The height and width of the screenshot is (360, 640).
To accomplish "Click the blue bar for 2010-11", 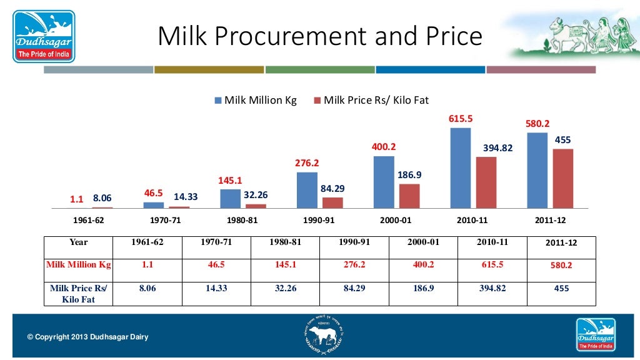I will point(461,167).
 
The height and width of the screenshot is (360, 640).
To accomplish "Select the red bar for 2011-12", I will point(562,178).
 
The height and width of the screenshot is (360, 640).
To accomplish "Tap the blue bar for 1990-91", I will point(307,190).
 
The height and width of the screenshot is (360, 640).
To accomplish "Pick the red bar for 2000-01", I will point(409,196).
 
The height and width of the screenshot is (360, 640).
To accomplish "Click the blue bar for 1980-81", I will point(230,198).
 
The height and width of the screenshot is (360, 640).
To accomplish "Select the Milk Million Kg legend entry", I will point(256,100).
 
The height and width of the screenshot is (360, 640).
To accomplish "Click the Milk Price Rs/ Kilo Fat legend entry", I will point(371,100).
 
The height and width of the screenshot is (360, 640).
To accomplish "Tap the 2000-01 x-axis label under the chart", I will point(396,221).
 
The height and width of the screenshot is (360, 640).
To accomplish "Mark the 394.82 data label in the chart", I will point(497,148).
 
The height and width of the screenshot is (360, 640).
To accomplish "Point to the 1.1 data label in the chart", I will point(76,199).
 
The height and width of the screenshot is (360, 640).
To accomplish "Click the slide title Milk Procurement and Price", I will point(320,36).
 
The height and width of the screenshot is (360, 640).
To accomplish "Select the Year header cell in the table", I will point(79,242).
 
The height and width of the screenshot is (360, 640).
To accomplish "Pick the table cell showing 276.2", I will point(354,264).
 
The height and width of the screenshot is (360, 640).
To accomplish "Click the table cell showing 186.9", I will point(424,288).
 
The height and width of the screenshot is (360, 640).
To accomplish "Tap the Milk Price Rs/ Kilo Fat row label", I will point(79,294).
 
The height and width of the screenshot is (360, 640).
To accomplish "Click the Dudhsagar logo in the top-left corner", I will point(44,36).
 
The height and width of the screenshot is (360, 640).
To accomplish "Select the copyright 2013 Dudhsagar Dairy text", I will point(88,337).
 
